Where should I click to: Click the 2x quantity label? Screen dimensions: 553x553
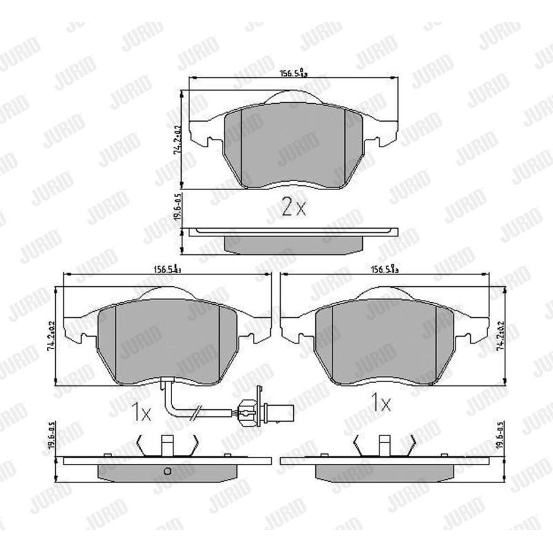293,207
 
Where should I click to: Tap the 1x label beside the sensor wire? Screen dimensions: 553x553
140,413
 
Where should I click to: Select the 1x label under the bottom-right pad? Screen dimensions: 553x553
380,403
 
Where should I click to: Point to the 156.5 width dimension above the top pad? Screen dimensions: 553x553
292,71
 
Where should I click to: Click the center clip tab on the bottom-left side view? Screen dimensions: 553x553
167,445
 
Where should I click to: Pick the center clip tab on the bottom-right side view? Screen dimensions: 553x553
384,445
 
